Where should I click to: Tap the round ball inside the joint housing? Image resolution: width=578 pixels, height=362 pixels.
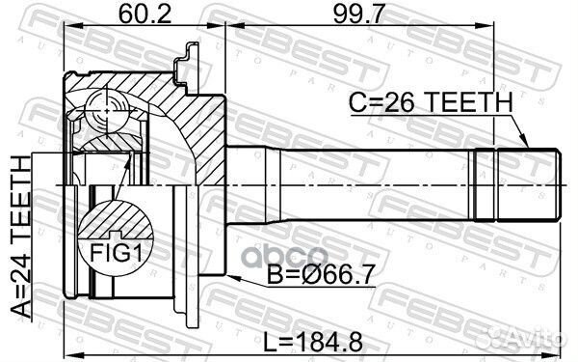coord(105,112)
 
